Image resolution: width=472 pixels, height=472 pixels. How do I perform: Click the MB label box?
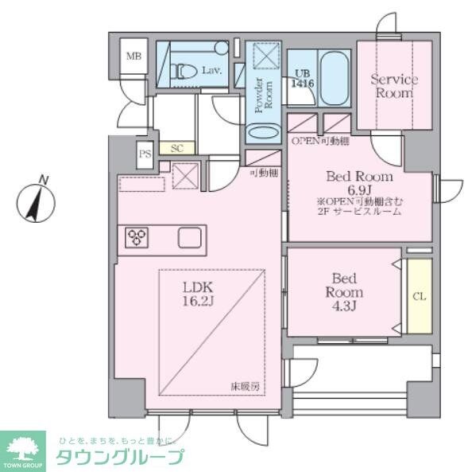click(133, 57)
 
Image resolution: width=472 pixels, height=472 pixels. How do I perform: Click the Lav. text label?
click(211, 71)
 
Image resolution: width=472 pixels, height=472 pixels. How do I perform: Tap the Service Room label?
click(393, 86)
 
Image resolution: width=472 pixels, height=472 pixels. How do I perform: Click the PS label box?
click(145, 155)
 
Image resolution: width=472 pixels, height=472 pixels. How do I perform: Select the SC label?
click(177, 148)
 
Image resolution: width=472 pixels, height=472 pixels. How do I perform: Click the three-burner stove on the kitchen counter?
click(137, 237)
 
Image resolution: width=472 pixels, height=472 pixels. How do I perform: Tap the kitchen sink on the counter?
click(191, 237)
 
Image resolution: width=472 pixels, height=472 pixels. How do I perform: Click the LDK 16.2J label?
click(201, 294)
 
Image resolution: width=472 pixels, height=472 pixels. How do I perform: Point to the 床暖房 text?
click(246, 387)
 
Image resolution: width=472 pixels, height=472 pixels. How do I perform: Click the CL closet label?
click(418, 296)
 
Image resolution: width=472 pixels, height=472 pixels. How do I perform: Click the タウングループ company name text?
click(120, 456)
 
